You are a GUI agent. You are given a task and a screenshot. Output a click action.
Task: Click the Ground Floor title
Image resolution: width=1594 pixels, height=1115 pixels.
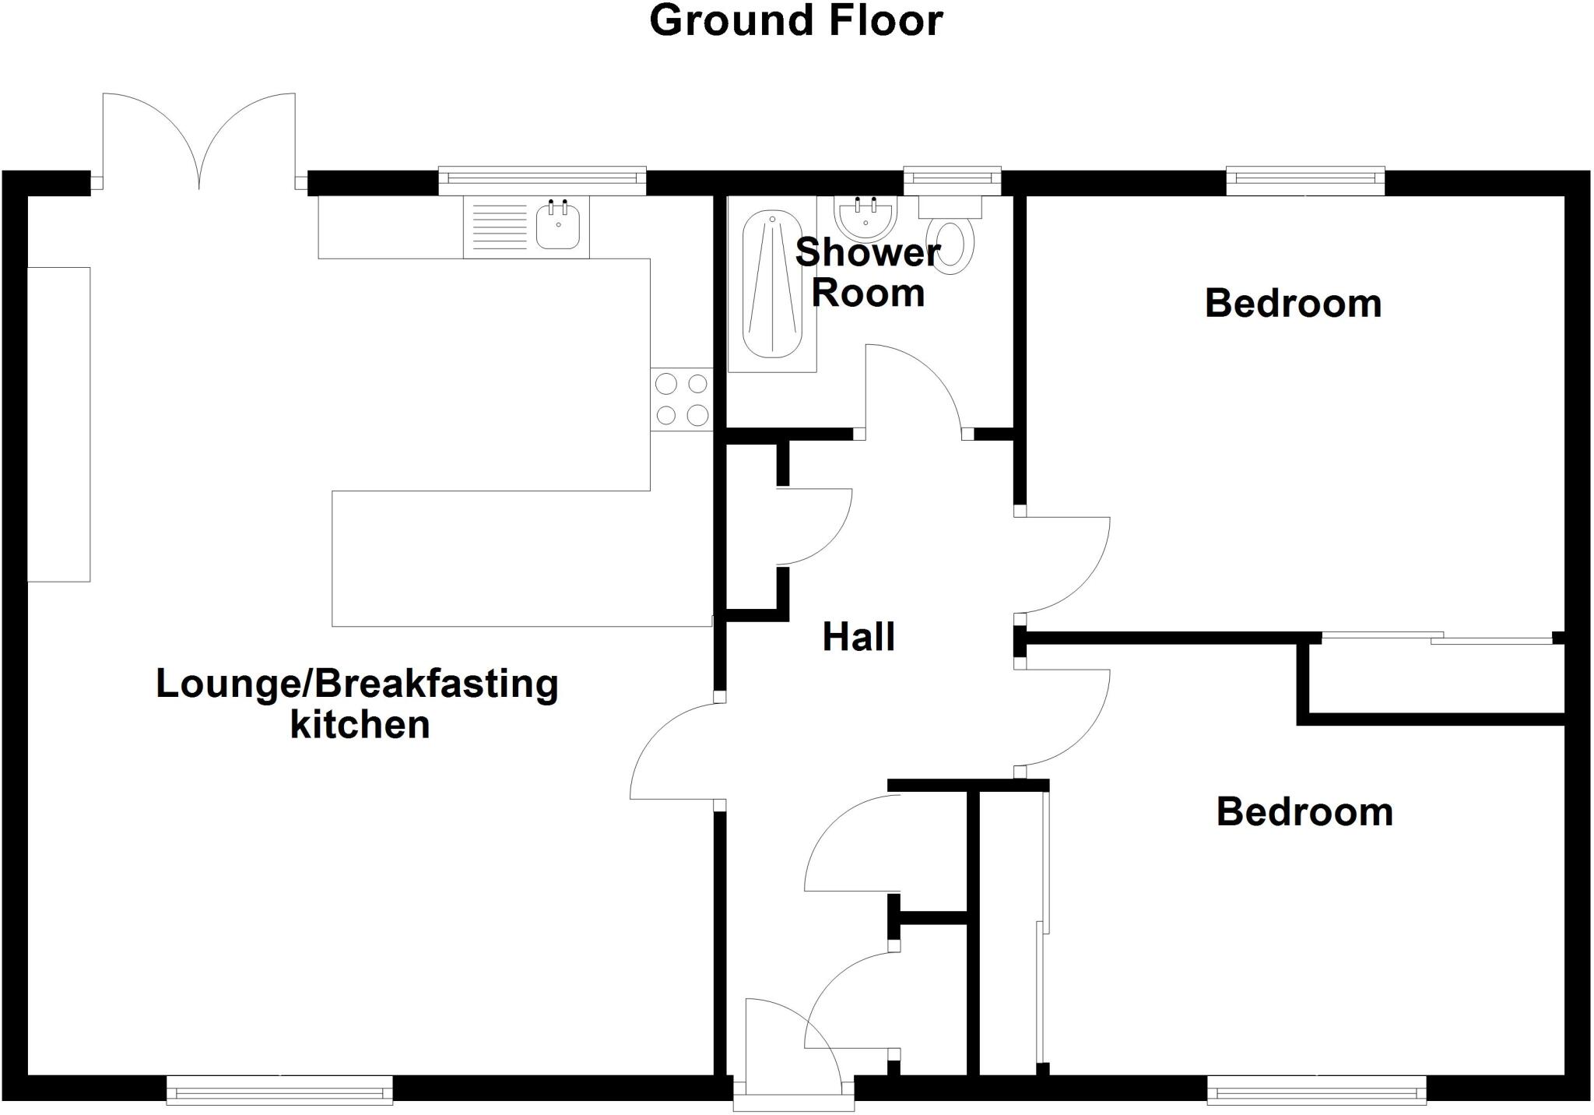pos(795,21)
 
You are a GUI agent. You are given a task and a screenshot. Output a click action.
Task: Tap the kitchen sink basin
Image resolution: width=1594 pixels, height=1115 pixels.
pos(558,227)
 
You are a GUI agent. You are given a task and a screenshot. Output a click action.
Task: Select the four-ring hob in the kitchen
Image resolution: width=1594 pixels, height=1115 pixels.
pos(682,399)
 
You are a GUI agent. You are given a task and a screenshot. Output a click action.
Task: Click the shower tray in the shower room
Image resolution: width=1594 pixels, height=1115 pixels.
pos(771,284)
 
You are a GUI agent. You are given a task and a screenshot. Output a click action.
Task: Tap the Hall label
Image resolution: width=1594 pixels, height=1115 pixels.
pos(858,637)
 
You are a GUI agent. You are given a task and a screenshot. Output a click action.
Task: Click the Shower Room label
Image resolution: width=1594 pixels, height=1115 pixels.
pos(868,273)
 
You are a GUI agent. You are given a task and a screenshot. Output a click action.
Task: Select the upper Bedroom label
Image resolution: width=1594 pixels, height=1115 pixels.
pos(1293,304)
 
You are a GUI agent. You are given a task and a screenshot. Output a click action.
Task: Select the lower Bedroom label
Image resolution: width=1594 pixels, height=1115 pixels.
pos(1304,812)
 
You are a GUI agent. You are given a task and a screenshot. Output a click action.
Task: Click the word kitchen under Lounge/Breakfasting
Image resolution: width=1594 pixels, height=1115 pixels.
pos(360,725)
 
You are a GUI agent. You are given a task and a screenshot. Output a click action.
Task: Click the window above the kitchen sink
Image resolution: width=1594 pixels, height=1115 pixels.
pos(542,180)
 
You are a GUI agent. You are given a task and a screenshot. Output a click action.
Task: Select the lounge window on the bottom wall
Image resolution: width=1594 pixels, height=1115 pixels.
pos(279,1090)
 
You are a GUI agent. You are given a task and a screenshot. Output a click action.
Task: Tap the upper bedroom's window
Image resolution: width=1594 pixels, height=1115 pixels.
pos(1305,180)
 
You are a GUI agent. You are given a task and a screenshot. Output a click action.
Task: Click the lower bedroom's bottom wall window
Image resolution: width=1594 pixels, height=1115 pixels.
pos(1316,1090)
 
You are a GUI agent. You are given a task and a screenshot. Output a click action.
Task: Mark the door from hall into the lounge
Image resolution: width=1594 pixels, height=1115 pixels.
pos(674,751)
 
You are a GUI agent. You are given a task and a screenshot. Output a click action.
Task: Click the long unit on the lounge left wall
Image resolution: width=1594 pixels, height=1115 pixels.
pos(59,424)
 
